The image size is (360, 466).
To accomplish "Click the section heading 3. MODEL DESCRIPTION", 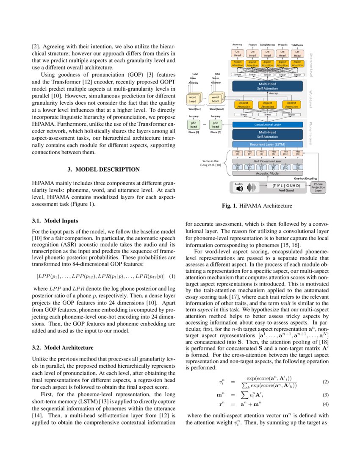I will (x=104, y=169).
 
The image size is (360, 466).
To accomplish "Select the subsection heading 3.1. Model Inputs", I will (x=55, y=220).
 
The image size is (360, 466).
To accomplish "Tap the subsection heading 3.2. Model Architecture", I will (x=63, y=348).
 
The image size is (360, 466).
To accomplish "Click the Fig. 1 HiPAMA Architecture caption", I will (x=257, y=206).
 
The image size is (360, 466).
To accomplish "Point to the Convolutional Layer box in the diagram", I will (x=268, y=125).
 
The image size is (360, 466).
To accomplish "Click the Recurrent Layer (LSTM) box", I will (x=268, y=145).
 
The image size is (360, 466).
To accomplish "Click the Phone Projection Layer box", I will (x=318, y=188).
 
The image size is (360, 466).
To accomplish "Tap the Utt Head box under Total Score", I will (x=297, y=54).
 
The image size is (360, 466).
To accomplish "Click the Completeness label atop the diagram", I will (x=267, y=44).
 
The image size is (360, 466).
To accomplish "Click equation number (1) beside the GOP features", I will (x=172, y=277).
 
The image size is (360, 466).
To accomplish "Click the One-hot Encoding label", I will (x=306, y=179).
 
